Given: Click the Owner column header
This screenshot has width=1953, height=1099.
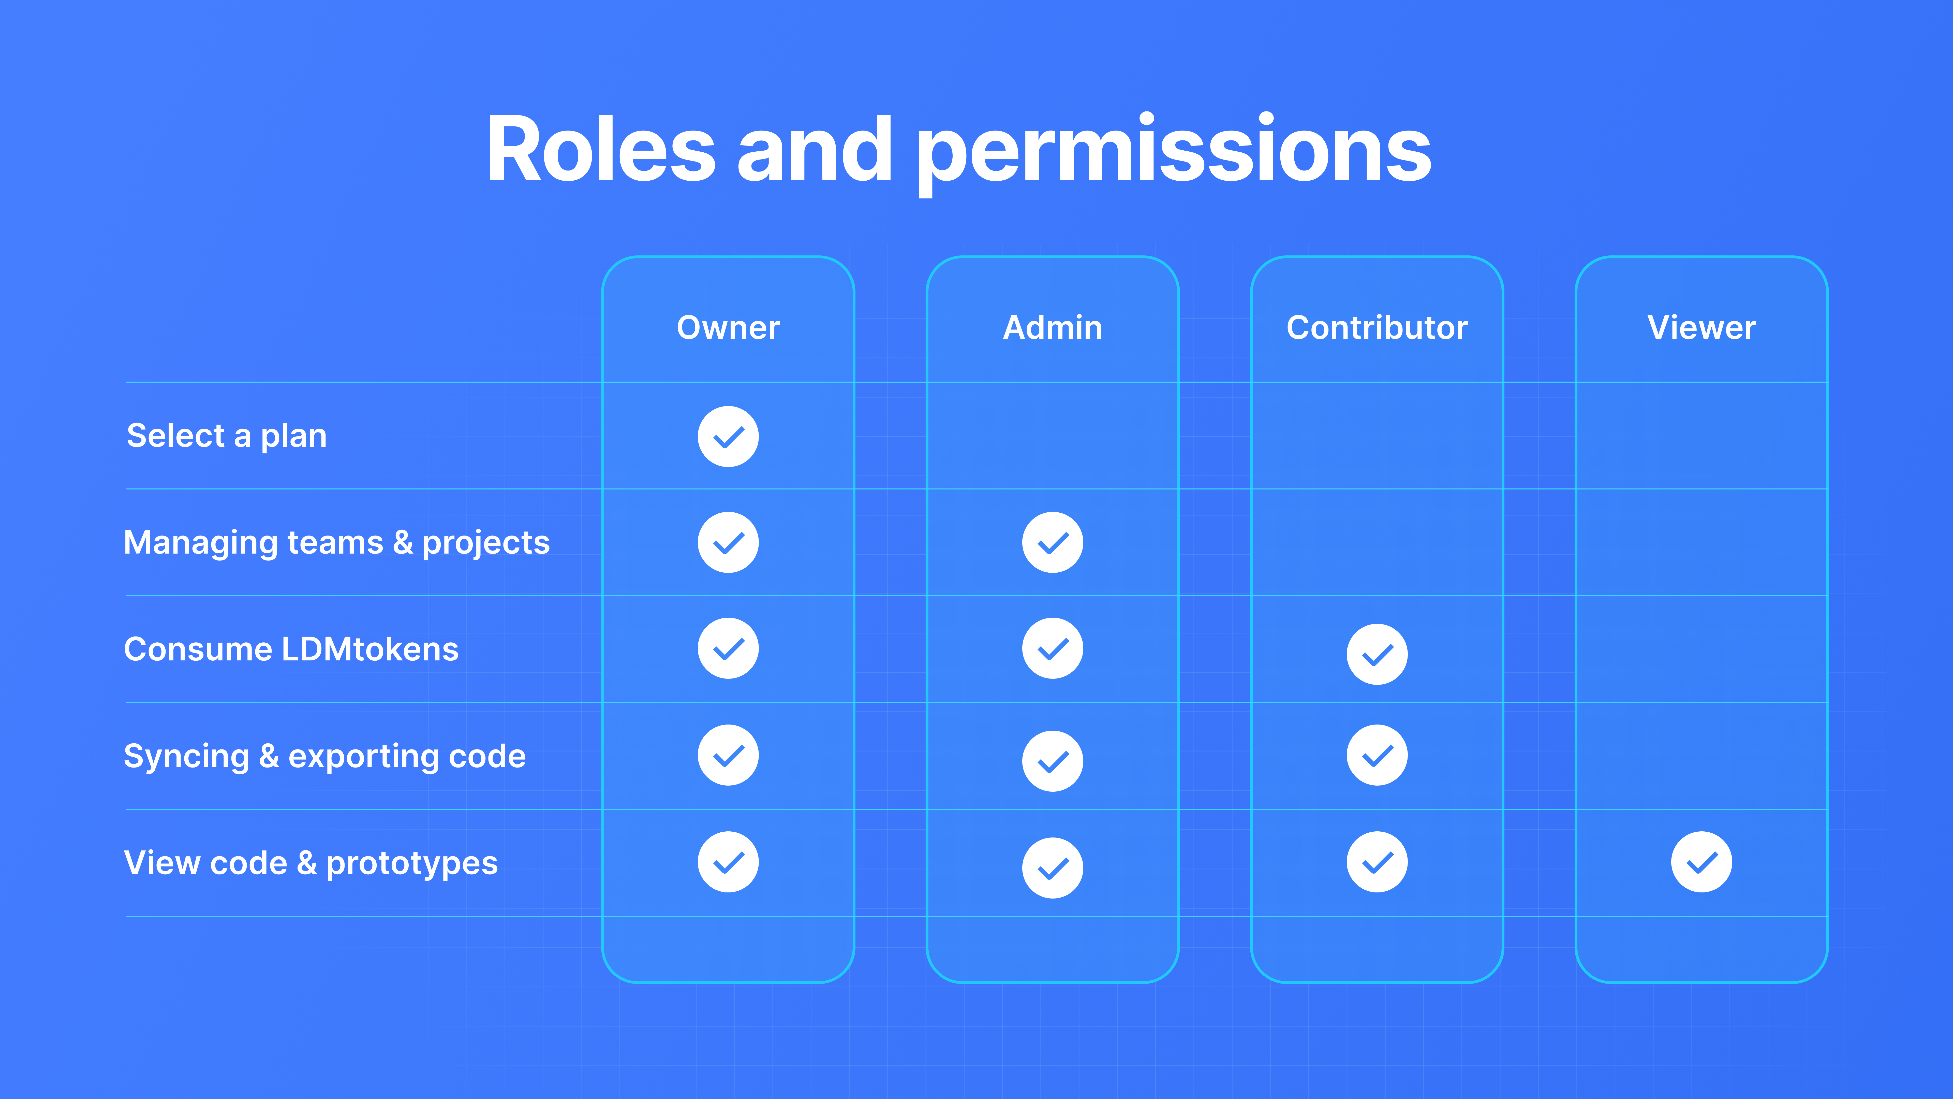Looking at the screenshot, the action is point(728,328).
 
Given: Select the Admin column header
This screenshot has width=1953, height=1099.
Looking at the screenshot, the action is point(1052,328).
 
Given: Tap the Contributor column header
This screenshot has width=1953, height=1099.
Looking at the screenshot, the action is point(1377,328).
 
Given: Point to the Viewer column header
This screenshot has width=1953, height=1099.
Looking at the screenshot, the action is point(1701,328).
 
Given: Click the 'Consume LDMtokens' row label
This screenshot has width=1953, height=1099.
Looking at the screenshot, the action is point(291,649).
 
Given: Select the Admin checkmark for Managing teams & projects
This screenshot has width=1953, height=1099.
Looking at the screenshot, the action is point(1052,542).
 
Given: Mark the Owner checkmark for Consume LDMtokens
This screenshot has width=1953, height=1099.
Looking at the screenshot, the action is point(728,648).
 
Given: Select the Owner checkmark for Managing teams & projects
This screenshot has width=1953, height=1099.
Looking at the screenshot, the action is point(728,542).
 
